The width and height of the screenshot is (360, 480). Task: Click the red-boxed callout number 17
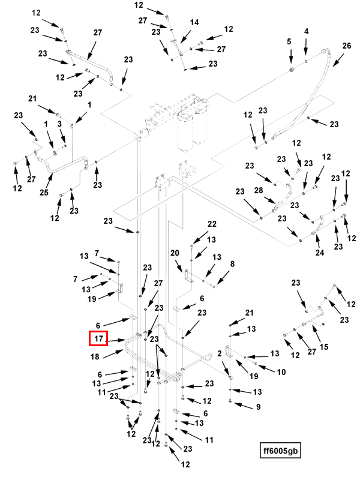[98, 340]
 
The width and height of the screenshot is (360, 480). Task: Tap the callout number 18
[94, 356]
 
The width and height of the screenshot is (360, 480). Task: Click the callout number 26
[346, 46]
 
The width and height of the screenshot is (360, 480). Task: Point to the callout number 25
[43, 192]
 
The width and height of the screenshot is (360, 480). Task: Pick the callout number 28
[259, 190]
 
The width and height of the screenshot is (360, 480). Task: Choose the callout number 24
[320, 253]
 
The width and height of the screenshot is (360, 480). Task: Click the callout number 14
[194, 22]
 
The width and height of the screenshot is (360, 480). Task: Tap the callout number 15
[324, 347]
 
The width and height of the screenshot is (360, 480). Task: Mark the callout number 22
[211, 224]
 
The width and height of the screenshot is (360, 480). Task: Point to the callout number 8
[232, 263]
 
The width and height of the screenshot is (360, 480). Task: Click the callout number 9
[258, 407]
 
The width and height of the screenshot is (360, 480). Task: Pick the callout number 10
[281, 372]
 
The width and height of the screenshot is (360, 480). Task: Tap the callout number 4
[306, 31]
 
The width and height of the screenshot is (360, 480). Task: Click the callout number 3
[59, 124]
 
